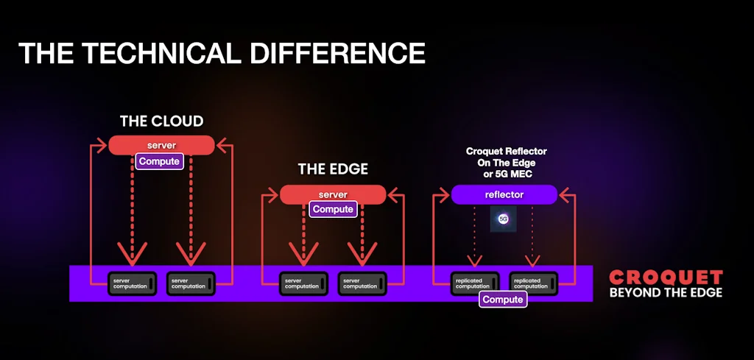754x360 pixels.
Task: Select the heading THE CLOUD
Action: (x=161, y=121)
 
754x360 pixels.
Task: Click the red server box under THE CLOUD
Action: (x=161, y=145)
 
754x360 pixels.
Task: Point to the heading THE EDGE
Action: (x=333, y=169)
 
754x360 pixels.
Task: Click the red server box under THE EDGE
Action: (x=333, y=194)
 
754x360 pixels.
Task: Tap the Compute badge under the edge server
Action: (x=333, y=209)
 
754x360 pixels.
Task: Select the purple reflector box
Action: (x=504, y=194)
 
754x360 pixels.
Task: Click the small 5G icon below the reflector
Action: (x=504, y=219)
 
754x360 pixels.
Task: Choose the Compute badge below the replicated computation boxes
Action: (x=503, y=300)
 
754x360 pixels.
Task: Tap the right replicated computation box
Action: (x=533, y=283)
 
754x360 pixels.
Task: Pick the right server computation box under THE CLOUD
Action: (x=191, y=283)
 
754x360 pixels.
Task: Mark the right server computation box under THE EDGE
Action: (x=362, y=283)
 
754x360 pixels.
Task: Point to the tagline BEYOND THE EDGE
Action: (x=666, y=292)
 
